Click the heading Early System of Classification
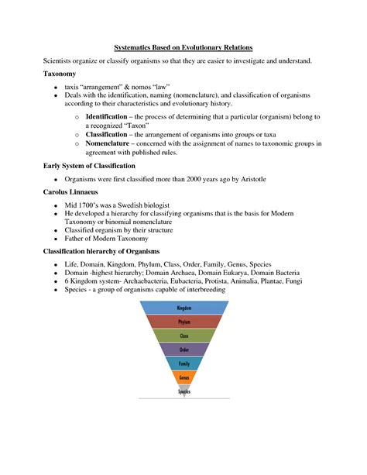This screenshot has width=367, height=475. pos(89,166)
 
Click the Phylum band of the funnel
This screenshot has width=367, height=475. pos(183,322)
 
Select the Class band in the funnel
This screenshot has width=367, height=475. pos(183,336)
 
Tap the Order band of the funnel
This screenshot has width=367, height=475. pos(183,349)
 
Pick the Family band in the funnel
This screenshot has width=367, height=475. pos(183,363)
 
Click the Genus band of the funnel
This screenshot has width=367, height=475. pos(183,377)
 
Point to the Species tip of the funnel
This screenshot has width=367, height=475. pos(183,391)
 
